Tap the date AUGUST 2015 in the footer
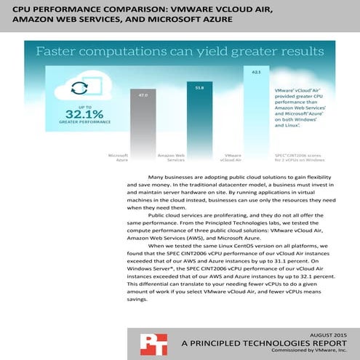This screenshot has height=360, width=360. (x=319, y=331)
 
